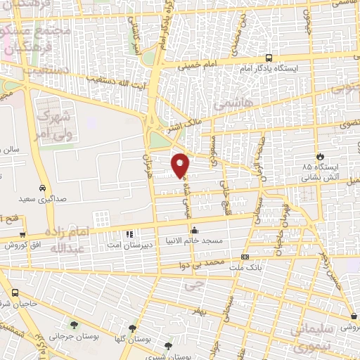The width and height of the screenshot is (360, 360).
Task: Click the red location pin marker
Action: click(x=181, y=165)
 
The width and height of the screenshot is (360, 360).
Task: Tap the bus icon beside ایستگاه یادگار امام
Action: click(x=270, y=59)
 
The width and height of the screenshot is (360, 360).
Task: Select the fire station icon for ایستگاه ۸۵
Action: click(x=321, y=156)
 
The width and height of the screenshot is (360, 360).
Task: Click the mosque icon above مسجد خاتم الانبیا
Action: click(x=195, y=230)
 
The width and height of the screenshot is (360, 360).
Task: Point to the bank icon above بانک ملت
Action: click(x=245, y=257)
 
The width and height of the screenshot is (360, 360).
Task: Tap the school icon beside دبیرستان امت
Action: click(x=129, y=234)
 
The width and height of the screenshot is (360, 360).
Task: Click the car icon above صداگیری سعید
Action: click(x=43, y=188)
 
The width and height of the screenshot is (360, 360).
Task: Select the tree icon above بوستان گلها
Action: click(x=132, y=328)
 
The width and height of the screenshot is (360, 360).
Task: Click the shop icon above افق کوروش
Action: click(x=22, y=235)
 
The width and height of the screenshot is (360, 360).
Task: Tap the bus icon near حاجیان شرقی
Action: click(x=15, y=292)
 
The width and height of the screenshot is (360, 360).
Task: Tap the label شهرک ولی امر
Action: click(x=56, y=120)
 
